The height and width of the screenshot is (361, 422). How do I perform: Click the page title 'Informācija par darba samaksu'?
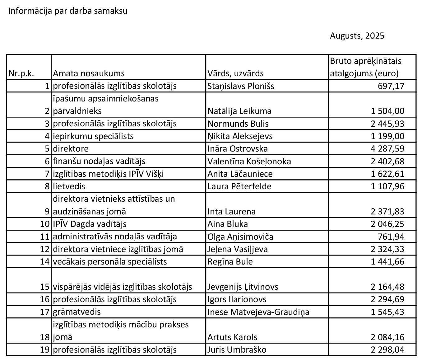(68, 11)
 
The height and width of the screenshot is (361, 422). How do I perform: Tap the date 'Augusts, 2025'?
(357, 36)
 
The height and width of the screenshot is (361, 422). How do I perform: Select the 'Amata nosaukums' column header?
(89, 73)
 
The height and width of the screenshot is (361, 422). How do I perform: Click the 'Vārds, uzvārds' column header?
(235, 73)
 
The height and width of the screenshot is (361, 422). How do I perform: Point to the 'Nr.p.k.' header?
(21, 73)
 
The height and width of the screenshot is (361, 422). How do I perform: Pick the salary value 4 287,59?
(387, 149)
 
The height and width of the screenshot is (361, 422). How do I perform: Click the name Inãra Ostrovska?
(238, 149)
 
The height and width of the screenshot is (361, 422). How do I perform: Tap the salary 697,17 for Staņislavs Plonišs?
(391, 86)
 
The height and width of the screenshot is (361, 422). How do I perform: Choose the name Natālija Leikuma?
(239, 111)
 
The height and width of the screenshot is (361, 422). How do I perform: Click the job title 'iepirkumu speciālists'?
(93, 136)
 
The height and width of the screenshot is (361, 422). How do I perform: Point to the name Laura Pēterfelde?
(239, 186)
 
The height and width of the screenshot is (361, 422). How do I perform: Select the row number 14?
(45, 262)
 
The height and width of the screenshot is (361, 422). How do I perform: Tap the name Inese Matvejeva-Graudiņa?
(258, 312)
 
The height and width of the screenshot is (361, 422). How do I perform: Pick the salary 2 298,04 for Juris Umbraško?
(387, 350)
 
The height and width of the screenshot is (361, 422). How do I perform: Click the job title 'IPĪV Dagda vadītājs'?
(90, 224)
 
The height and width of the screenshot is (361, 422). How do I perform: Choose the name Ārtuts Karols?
(233, 337)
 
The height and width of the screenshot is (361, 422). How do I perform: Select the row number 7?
(47, 174)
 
